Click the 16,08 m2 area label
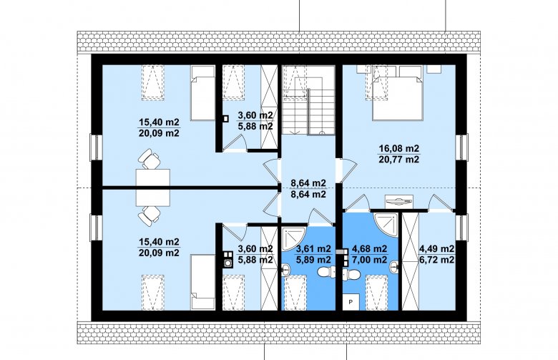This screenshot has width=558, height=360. pos(399,148)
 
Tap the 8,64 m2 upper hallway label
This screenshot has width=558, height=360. pos(308,183)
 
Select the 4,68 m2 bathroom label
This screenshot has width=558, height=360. pos(369,249)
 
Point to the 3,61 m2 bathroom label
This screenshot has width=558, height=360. pos(313,249)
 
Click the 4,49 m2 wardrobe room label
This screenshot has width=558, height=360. pos(437,249)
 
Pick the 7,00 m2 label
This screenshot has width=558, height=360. pos(369,261)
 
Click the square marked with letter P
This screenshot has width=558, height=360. pos(351,302)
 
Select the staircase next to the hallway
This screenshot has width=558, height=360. pos(308,100)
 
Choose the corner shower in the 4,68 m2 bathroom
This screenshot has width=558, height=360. pos(385,223)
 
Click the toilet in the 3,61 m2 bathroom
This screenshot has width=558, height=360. pos(325,272)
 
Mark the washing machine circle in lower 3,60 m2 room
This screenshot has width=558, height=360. pos(227,263)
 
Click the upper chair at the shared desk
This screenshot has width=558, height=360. pos(150,158)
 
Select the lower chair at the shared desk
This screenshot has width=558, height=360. pos(150,216)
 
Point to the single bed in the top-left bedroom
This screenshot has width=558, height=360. pos(203,93)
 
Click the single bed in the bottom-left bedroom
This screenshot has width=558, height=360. pos(203,282)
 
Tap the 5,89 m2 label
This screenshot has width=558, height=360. pos(313,261)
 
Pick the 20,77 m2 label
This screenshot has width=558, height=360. pos(399,160)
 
